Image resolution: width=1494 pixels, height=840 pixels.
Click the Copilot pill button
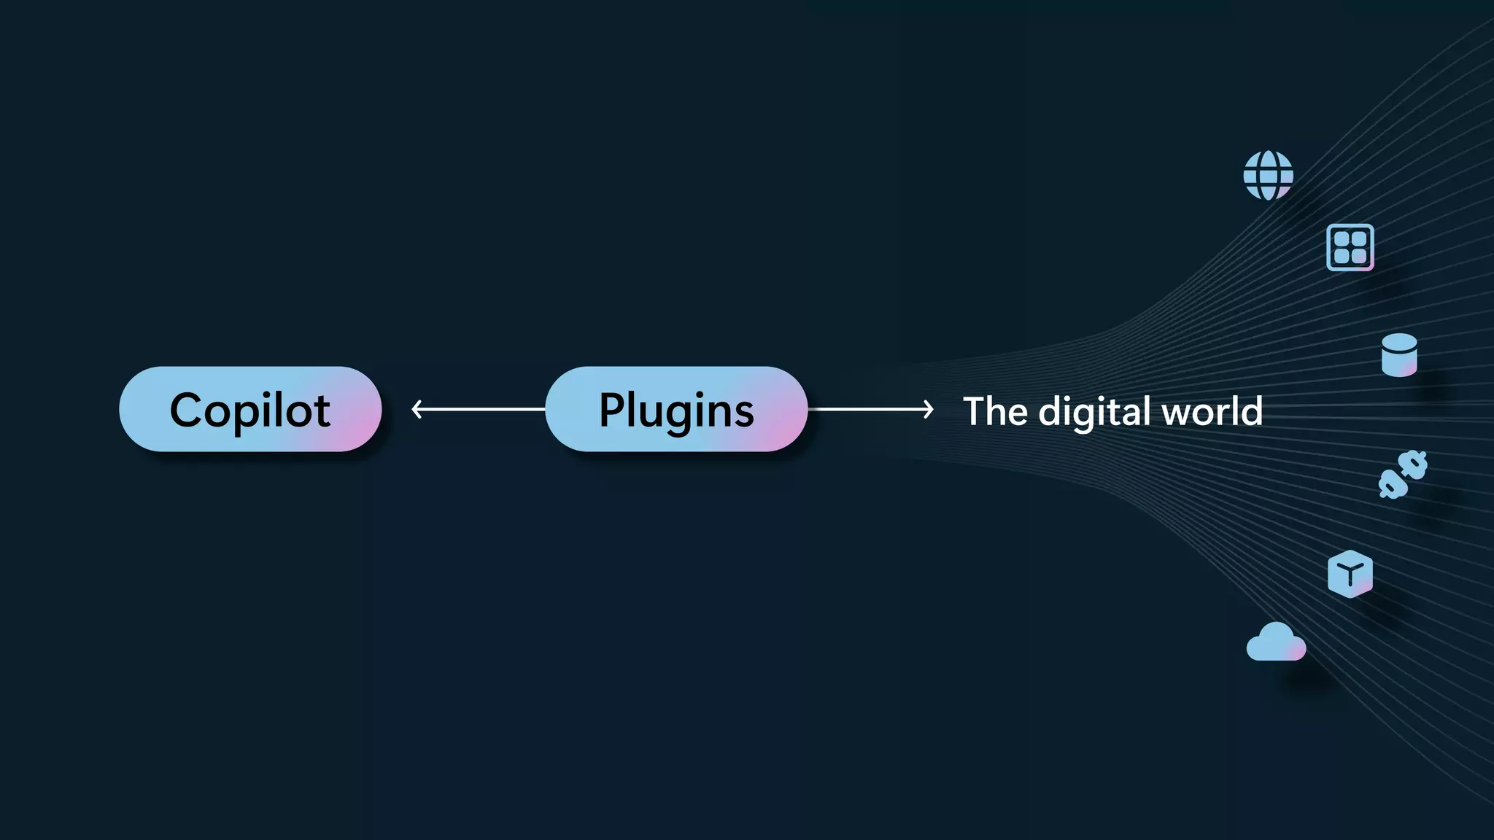[x=250, y=409]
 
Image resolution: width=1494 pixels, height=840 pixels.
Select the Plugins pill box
[x=676, y=409]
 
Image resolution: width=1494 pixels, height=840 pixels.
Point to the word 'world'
[x=1212, y=411]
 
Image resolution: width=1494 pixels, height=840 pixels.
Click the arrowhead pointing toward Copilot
[x=417, y=409]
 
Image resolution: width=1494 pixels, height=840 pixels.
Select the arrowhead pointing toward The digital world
[x=929, y=409]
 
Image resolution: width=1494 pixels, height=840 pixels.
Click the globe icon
[x=1268, y=176]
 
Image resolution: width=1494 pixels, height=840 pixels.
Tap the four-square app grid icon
[x=1350, y=247]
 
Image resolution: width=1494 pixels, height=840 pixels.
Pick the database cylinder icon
[x=1399, y=355]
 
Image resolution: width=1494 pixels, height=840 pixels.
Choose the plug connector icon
[x=1403, y=475]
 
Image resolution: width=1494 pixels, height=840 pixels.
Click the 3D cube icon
[x=1350, y=574]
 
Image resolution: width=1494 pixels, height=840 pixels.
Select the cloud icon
[x=1276, y=643]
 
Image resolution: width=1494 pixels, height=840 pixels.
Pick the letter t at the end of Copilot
[x=322, y=411]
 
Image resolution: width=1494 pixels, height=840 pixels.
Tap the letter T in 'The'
[x=976, y=411]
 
